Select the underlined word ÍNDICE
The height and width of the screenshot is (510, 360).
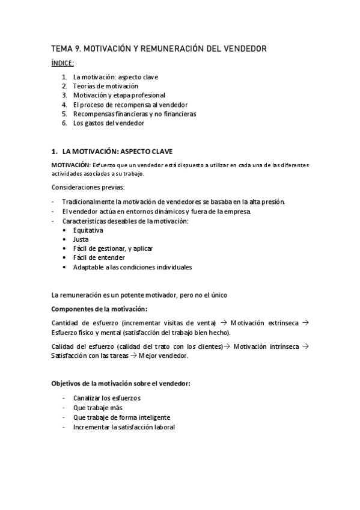click(x=63, y=63)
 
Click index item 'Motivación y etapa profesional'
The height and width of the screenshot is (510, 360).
click(x=119, y=95)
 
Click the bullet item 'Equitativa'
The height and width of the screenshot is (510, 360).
click(x=88, y=230)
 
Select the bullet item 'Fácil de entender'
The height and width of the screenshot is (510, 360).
click(x=99, y=258)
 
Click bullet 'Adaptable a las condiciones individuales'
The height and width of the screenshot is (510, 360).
click(x=132, y=267)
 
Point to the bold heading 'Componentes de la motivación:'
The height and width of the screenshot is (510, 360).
click(x=99, y=309)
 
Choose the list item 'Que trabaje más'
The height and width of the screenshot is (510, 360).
click(x=98, y=408)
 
